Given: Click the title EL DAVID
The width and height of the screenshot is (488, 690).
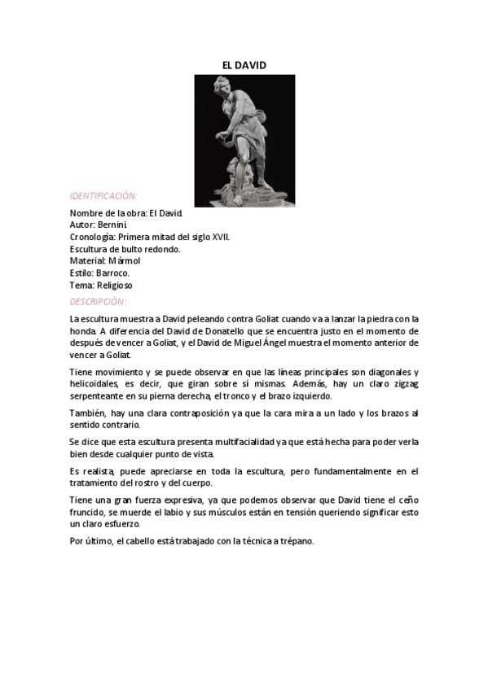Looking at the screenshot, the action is pyautogui.click(x=244, y=64).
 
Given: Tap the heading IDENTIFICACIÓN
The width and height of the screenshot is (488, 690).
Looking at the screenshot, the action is pyautogui.click(x=103, y=196).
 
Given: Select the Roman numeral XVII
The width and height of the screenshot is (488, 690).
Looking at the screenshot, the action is pyautogui.click(x=220, y=236).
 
